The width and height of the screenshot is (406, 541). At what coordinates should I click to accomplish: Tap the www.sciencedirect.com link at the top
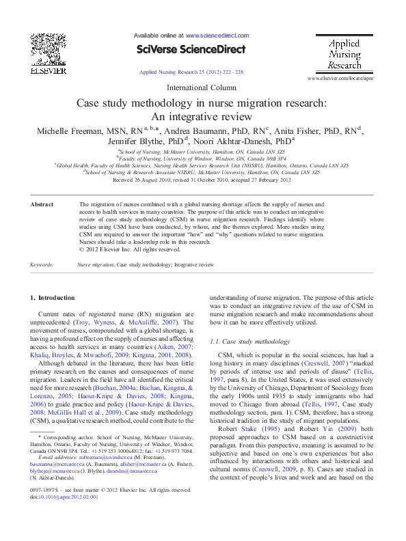click(217, 34)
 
